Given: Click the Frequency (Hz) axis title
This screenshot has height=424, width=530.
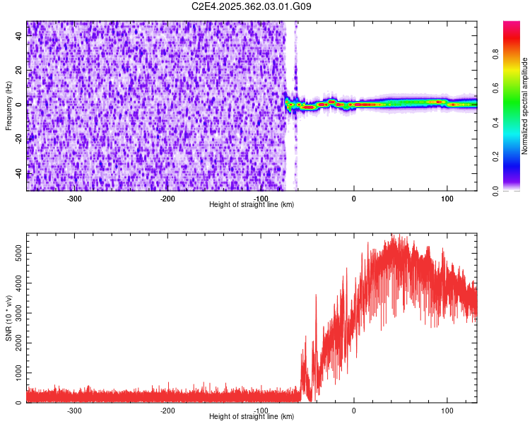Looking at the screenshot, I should tap(8, 106).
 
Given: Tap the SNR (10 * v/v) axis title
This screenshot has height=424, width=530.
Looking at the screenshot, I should tap(8, 318).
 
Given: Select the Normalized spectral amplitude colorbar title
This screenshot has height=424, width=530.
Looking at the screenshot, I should tap(525, 106).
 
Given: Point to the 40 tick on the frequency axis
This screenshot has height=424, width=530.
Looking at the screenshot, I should tap(19, 37).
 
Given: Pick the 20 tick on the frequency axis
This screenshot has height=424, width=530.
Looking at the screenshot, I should tap(19, 71).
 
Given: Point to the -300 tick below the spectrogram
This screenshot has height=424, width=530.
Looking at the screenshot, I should tap(74, 199).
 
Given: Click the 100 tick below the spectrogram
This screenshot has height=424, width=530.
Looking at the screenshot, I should tap(447, 199).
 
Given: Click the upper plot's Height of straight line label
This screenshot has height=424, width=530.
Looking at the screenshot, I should tap(252, 204).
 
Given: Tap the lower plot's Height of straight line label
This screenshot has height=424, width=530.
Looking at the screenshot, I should tap(252, 416).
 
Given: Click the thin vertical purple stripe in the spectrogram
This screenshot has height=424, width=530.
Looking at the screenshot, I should tap(296, 106).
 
